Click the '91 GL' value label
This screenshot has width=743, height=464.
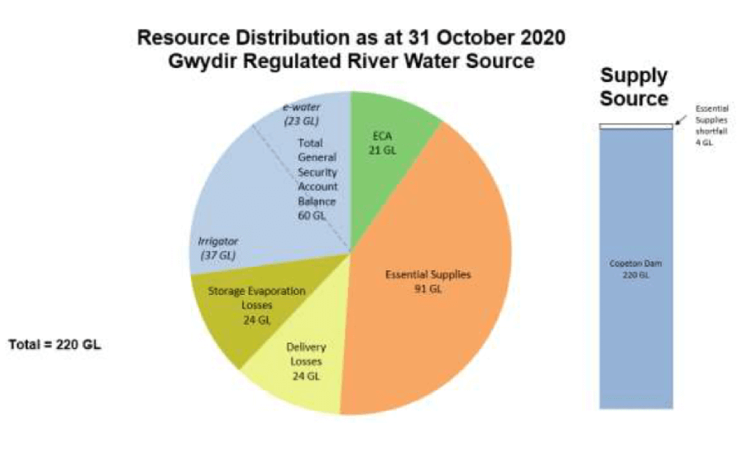[428, 288]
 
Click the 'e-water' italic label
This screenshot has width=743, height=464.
[301, 107]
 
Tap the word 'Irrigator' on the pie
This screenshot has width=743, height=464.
[218, 240]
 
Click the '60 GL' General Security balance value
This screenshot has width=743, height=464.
[317, 216]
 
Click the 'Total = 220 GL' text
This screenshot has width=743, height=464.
[54, 344]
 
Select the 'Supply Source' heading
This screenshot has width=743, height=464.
[634, 87]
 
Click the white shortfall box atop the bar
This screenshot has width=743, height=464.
[635, 127]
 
